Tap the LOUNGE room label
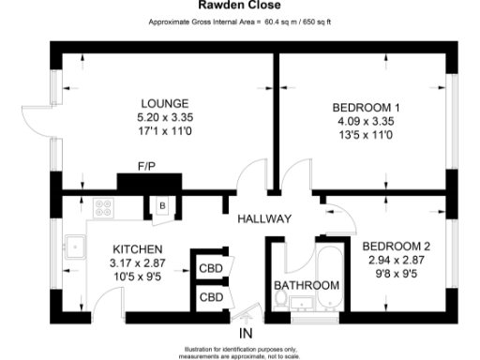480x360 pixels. coord(164,103)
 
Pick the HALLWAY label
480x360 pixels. coord(263,218)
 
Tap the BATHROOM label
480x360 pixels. coord(305,285)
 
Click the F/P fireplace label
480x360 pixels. coord(146,167)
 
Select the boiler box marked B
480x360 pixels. coord(160,206)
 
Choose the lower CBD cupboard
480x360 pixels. coord(210,297)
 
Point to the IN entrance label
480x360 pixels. coord(247,333)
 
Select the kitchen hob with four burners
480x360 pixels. coord(101,206)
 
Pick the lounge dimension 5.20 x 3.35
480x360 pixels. coord(164,117)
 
